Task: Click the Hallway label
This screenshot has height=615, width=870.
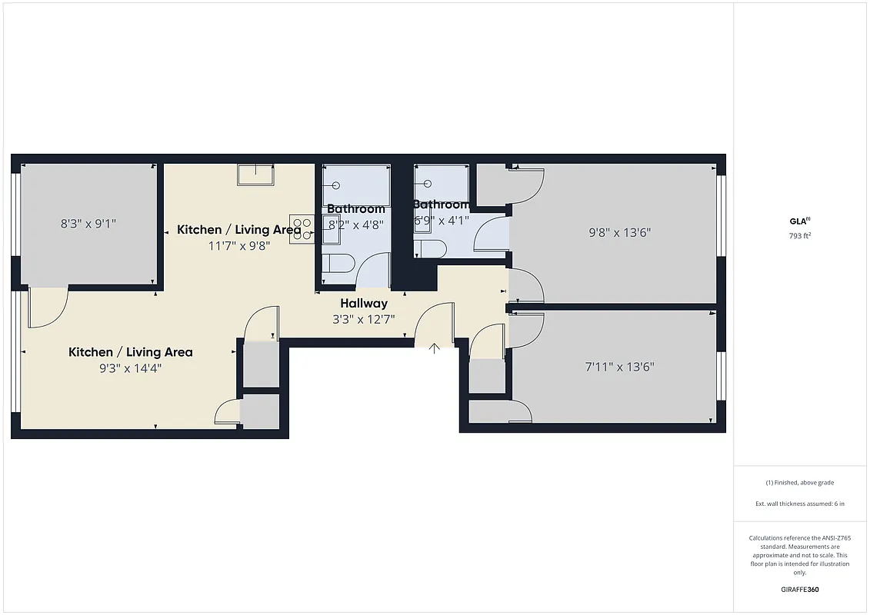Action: coord(364,304)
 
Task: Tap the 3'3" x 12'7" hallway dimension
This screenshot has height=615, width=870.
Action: coord(363,320)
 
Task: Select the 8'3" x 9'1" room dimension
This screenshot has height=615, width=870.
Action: coord(88,224)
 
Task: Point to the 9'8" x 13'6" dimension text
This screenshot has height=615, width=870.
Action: coord(620,232)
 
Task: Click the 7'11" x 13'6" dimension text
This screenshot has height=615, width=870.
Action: coord(619,367)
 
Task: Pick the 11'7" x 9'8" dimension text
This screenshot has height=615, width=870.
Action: coord(238,246)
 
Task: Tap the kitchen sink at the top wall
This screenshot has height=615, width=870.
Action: coord(255,175)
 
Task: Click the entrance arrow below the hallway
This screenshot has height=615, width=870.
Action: coord(434,348)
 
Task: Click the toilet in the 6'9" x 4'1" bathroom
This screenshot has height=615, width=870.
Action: coord(430,248)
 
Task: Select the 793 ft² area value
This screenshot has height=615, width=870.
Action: coord(800,236)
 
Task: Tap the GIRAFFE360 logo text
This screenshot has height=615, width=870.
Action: coord(800,590)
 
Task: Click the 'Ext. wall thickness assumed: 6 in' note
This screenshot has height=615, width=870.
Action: coord(800,504)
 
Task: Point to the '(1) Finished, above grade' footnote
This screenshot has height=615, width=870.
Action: coord(800,483)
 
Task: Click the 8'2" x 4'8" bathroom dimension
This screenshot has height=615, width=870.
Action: coord(355,225)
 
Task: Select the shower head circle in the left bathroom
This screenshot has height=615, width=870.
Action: coord(335,185)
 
